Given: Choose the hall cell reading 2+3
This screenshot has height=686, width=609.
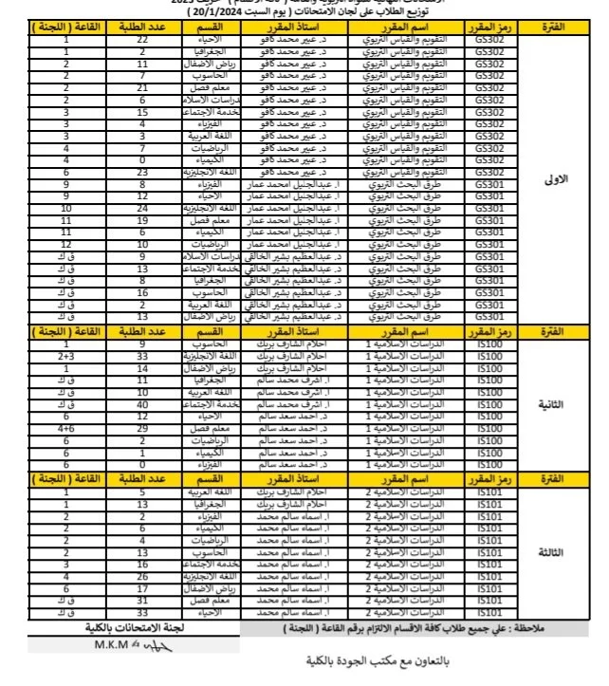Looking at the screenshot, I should (65, 354).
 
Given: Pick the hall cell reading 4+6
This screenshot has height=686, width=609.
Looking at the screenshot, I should (65, 428).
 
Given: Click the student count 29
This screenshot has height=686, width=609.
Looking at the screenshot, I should (142, 428).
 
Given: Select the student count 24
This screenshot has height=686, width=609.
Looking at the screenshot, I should (142, 206).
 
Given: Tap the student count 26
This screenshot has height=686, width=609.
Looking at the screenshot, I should (142, 575).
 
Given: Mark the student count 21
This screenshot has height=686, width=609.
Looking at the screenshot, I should (142, 86).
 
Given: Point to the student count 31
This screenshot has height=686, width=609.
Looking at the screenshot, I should (142, 600).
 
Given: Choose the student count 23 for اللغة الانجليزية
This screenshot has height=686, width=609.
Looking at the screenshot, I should (142, 173).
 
